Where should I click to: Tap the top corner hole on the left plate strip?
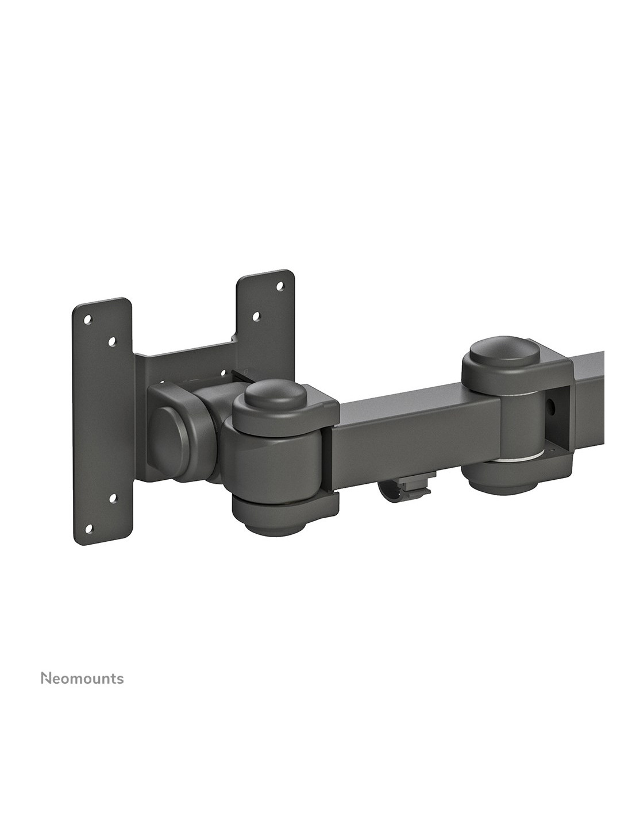pos(87,319)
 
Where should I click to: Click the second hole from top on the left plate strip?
pos(111,341)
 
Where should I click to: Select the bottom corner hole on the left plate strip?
pos(88,530)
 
